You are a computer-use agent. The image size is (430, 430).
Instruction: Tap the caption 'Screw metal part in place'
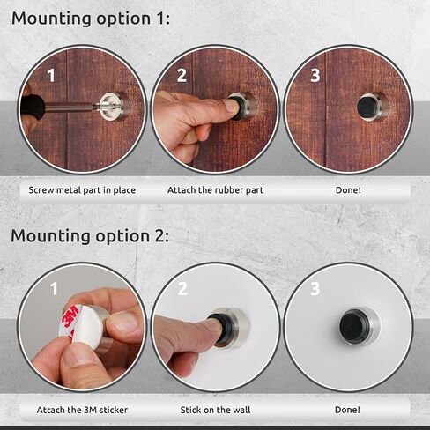[x=82, y=189]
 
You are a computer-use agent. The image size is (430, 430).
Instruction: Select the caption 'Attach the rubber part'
[x=215, y=189]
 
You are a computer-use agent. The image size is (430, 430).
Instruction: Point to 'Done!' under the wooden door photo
[x=348, y=189]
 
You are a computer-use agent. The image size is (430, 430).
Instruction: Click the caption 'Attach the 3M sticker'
[x=82, y=409]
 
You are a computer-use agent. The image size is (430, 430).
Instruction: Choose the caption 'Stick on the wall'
[x=215, y=409]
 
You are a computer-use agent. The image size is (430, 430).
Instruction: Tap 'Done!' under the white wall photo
[x=348, y=409]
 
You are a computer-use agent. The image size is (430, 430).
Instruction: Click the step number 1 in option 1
[x=50, y=76]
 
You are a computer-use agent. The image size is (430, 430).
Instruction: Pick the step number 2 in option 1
[x=182, y=76]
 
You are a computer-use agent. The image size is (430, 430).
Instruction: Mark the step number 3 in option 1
[x=315, y=76]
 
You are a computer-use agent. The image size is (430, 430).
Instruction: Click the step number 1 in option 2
[x=53, y=289]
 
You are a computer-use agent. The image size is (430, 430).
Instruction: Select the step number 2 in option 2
[x=183, y=289]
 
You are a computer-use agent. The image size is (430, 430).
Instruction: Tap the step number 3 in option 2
[x=315, y=289]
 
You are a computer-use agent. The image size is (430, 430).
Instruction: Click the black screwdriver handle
[x=33, y=109]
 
